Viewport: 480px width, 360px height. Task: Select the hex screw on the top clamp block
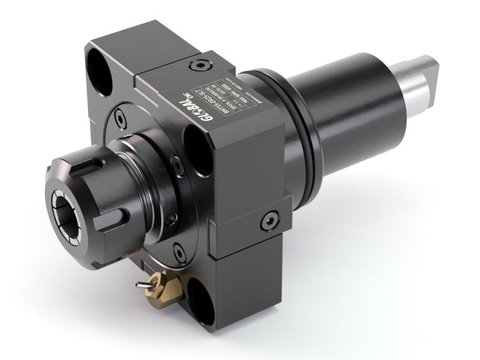(x=199, y=64)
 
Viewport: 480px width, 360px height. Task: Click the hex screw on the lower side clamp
(x=270, y=219)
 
